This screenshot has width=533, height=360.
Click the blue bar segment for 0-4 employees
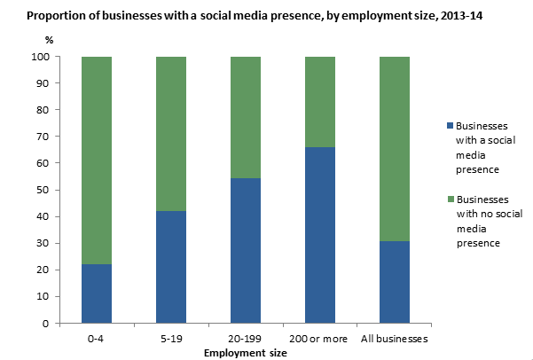click(96, 293)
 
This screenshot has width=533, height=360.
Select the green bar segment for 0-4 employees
click(96, 160)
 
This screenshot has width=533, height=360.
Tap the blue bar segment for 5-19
click(170, 267)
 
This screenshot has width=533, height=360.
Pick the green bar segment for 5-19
click(170, 134)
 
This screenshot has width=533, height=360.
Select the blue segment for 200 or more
click(319, 235)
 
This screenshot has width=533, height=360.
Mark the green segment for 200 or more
click(319, 102)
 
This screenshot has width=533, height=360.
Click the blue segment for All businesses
click(394, 282)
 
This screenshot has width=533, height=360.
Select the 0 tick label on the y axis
click(44, 324)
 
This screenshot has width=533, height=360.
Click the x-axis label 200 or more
click(319, 340)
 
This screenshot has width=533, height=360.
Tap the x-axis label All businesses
click(394, 340)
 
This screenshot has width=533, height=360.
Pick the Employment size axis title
click(245, 352)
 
